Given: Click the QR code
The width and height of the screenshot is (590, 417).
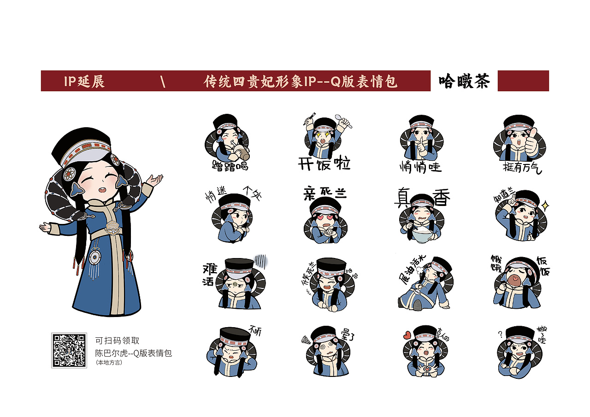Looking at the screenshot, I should [69, 350].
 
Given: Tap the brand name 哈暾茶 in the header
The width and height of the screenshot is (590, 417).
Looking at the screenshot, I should [464, 81].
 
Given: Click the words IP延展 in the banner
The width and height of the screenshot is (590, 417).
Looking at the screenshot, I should [84, 82].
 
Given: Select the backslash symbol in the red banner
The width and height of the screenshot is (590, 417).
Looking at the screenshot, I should [163, 82].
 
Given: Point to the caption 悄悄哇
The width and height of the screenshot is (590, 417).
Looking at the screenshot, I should [420, 166].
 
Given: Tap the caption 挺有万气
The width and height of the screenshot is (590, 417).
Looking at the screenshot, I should [522, 167].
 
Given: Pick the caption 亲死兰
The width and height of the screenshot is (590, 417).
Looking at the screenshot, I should [324, 194].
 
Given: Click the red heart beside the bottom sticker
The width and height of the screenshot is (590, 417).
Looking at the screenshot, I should [407, 335].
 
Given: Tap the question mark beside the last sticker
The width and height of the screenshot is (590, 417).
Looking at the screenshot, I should [500, 334].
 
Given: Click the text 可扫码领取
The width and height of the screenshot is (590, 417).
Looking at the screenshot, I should [117, 341].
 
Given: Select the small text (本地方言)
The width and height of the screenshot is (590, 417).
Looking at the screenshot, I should [109, 363].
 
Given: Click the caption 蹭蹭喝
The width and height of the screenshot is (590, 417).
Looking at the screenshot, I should [230, 165].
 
